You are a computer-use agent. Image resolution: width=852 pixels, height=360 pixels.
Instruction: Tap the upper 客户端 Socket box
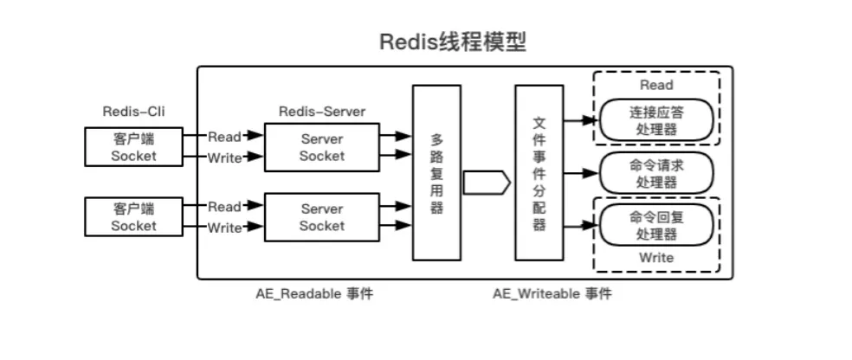(x=134, y=146)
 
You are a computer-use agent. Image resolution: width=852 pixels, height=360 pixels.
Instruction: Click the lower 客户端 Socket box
(x=134, y=216)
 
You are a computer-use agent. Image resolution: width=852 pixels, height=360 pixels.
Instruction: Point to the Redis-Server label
(x=322, y=112)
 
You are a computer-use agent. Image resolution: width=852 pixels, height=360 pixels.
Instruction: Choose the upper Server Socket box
(x=321, y=147)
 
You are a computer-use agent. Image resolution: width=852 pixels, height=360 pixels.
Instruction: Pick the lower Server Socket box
(x=321, y=217)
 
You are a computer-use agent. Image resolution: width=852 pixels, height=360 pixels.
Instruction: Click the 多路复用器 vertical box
(x=436, y=173)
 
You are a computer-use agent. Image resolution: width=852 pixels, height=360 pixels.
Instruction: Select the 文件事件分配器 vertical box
(x=539, y=173)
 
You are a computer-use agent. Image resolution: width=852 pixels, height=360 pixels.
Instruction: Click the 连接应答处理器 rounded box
(x=656, y=120)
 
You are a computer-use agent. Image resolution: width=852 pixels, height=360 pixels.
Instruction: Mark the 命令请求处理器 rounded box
(x=656, y=173)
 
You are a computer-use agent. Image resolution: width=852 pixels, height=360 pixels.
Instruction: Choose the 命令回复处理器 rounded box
(x=656, y=225)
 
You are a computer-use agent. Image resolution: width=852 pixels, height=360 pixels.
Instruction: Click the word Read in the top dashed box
(x=656, y=85)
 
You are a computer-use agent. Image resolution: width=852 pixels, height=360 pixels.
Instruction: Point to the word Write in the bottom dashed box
(x=656, y=258)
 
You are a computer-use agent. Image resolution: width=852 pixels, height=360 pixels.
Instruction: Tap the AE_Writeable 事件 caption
(x=552, y=294)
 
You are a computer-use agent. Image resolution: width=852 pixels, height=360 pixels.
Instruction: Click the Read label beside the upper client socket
(x=224, y=136)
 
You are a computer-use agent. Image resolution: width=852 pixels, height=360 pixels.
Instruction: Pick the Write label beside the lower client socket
(x=224, y=228)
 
